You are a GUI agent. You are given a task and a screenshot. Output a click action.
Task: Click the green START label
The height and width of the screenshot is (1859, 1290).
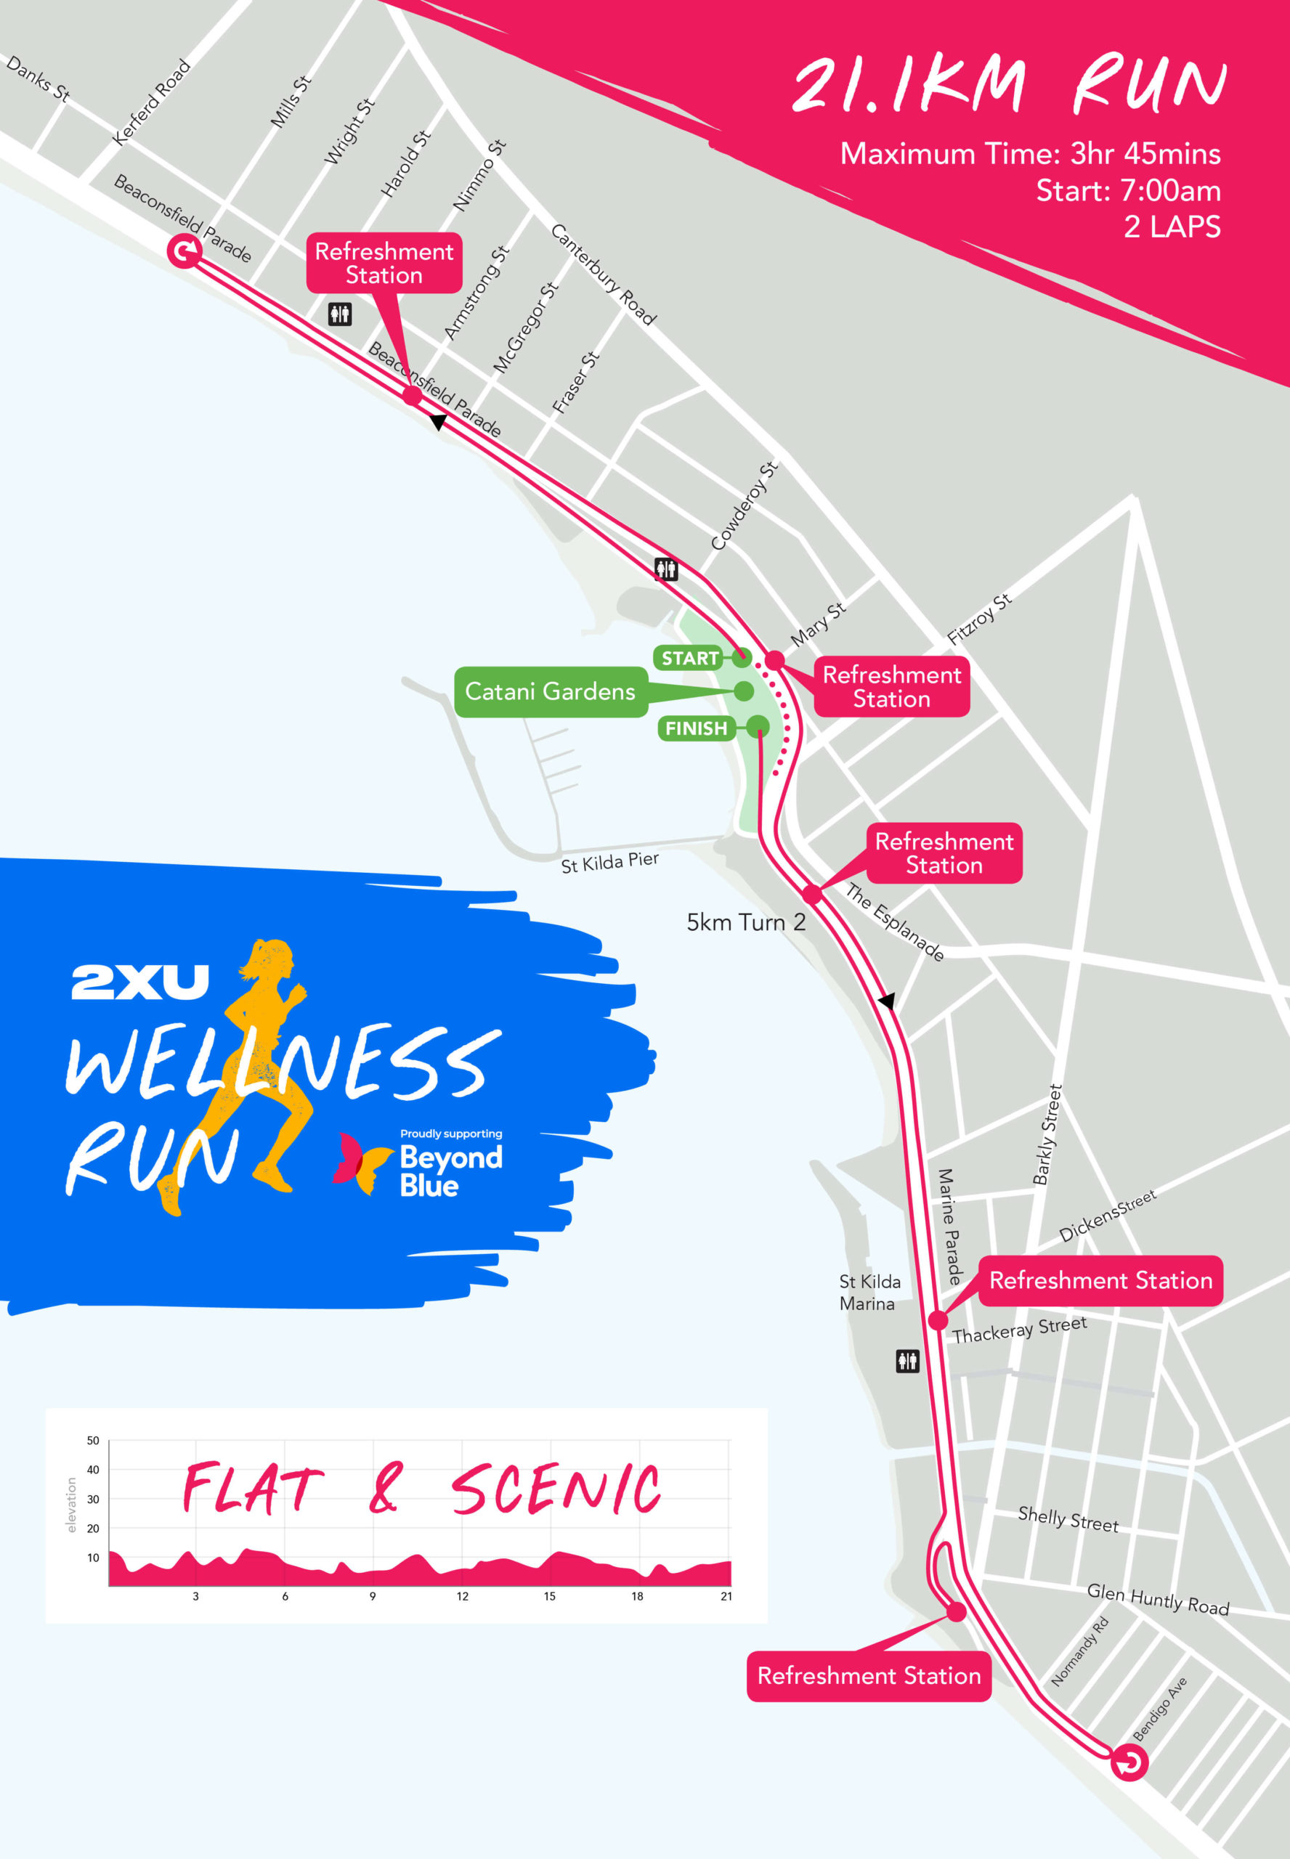click(689, 659)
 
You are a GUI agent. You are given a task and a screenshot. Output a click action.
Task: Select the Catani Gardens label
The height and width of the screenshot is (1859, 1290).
click(551, 691)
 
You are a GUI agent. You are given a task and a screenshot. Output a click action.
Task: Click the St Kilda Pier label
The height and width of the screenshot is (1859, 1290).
click(609, 862)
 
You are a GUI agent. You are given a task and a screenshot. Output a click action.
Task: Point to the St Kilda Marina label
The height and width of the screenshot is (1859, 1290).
click(869, 1292)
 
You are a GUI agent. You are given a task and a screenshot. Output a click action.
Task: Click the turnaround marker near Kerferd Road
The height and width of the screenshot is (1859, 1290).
click(184, 251)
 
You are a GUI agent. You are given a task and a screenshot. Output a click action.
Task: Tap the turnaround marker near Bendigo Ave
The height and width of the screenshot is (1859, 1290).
click(1129, 1762)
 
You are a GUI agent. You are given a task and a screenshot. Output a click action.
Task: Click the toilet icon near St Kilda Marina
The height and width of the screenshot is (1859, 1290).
click(908, 1362)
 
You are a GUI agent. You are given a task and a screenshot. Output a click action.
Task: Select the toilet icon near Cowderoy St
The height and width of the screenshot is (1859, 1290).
click(665, 569)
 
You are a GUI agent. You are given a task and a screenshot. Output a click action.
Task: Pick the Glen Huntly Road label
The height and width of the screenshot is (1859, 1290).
click(1158, 1599)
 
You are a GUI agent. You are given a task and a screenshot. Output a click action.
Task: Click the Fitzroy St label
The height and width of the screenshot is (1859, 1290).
click(979, 619)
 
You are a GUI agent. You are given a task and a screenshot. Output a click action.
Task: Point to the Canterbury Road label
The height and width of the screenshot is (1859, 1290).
click(603, 274)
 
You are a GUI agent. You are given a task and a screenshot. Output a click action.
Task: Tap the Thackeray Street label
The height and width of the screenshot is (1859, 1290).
click(1019, 1330)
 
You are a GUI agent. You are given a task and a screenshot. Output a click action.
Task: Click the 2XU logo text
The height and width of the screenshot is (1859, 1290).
click(140, 983)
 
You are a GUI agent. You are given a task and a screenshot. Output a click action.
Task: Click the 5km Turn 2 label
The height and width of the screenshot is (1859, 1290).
click(745, 923)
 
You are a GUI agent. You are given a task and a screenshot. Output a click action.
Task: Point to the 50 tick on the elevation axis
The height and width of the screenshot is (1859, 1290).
click(93, 1441)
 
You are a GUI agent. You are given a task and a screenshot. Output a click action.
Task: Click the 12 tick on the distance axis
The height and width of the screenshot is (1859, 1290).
click(463, 1596)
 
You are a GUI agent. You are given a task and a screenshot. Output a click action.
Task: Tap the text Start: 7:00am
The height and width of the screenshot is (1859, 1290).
click(1127, 192)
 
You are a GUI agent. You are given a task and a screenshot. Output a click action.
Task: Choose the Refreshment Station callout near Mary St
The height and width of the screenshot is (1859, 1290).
click(891, 687)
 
